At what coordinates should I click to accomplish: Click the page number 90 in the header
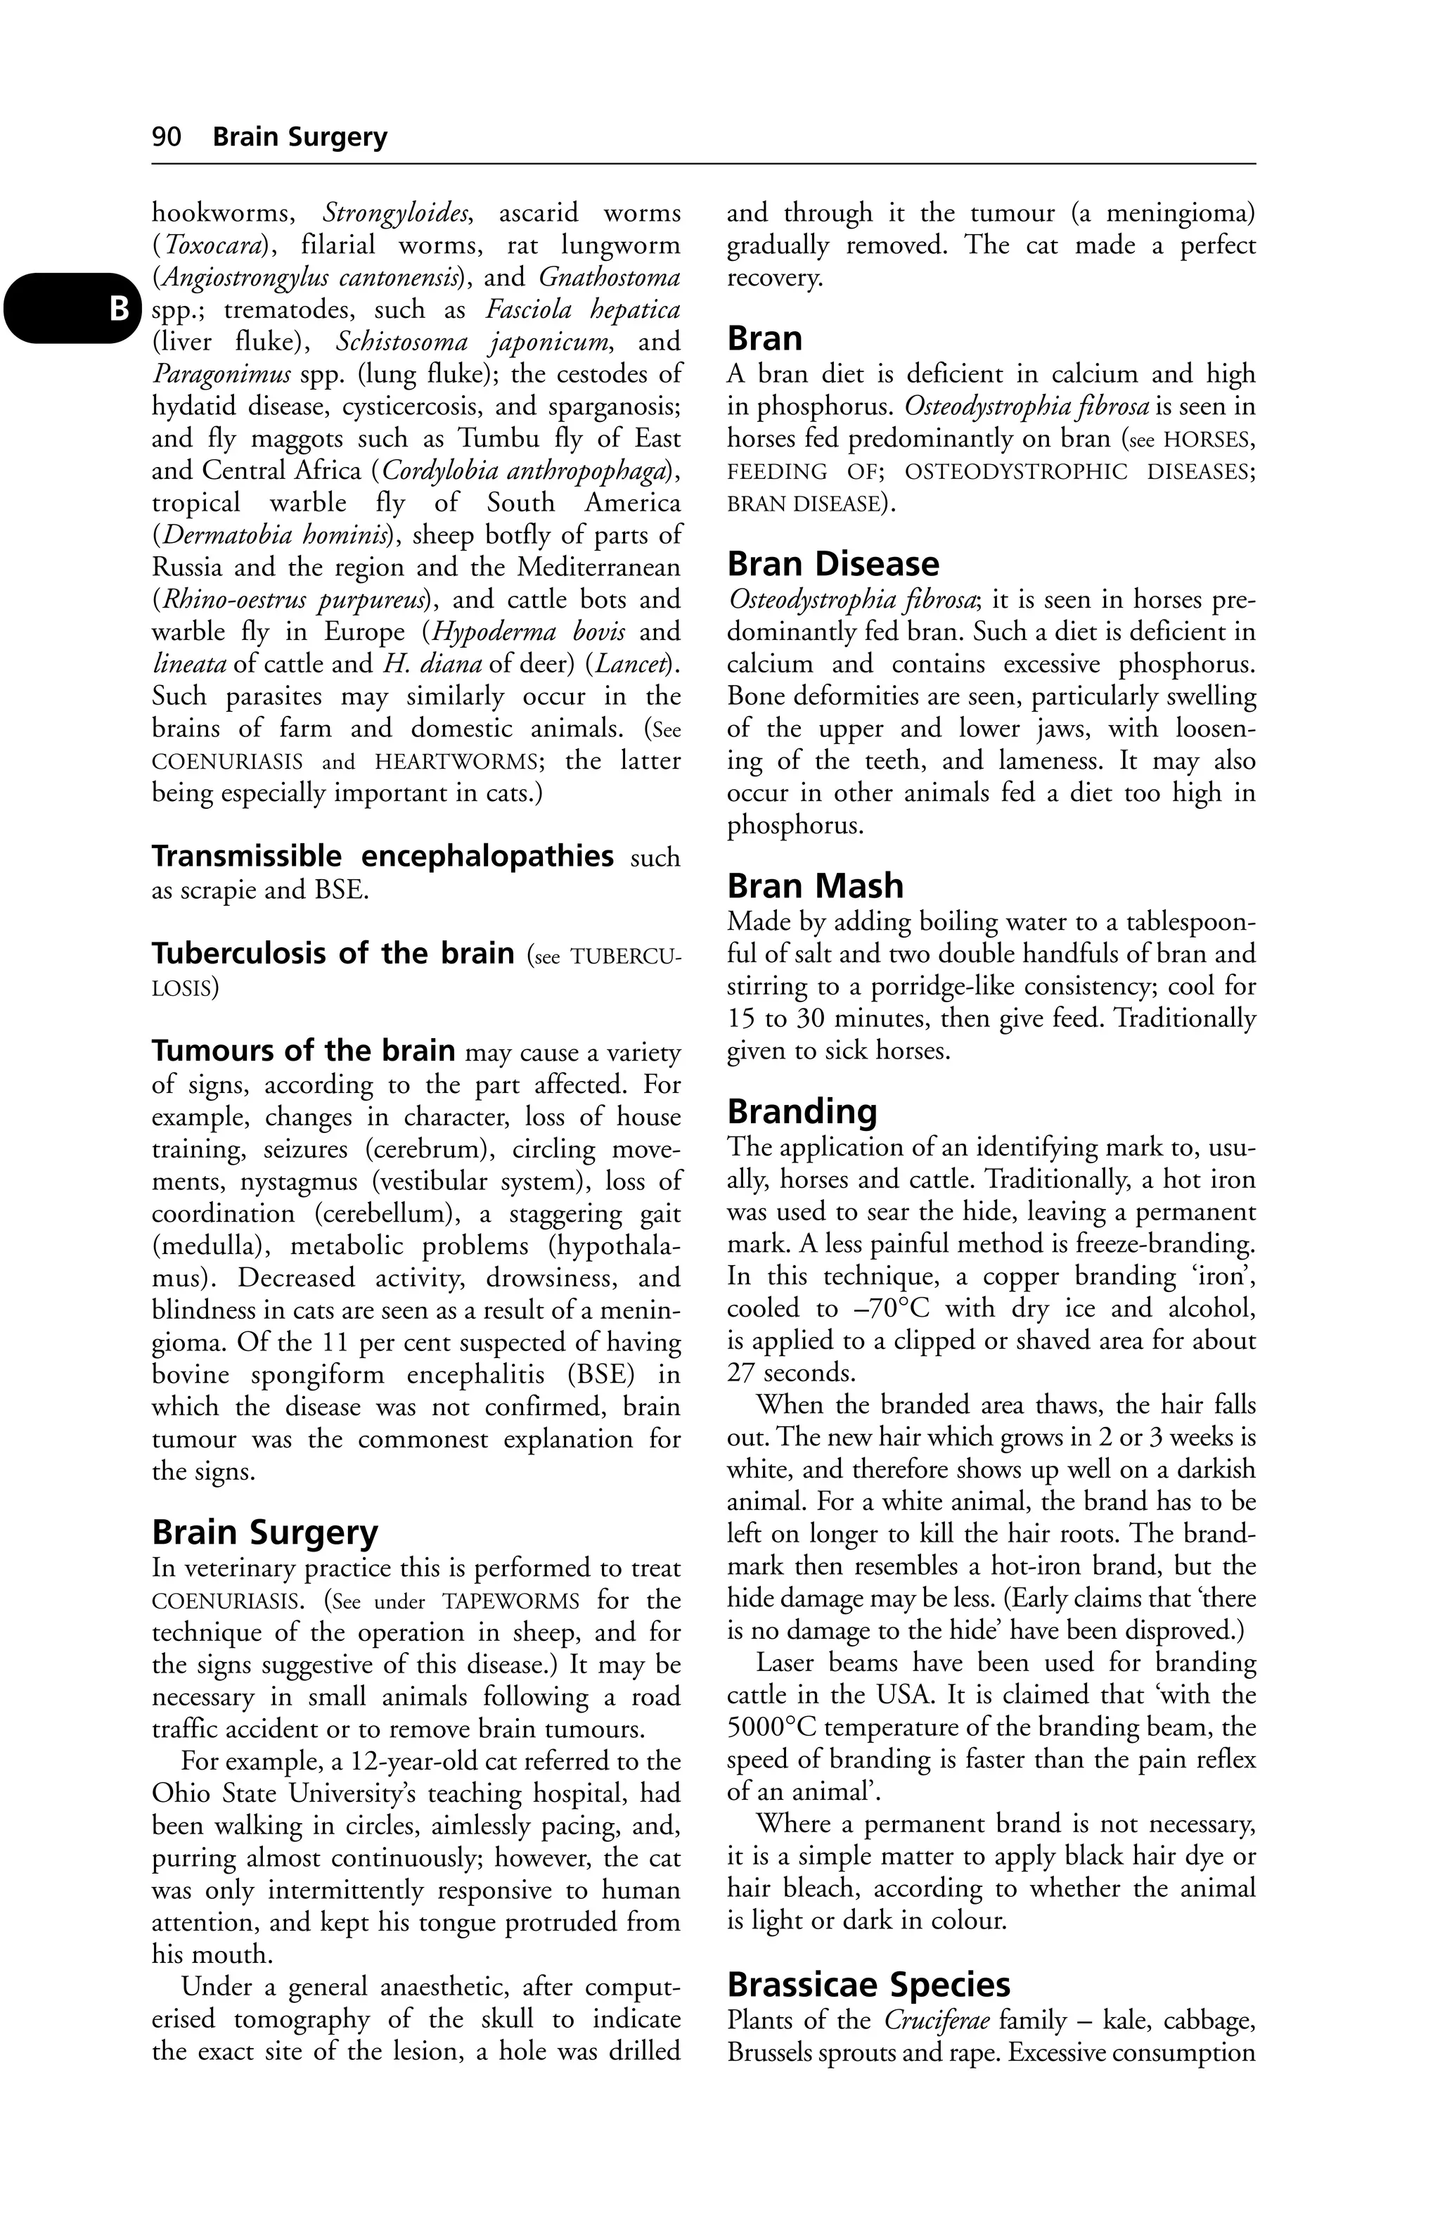[167, 137]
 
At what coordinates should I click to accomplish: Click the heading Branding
[802, 1111]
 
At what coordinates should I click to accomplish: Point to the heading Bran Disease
[833, 563]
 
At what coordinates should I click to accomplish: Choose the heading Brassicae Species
[868, 1984]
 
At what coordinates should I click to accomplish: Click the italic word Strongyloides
[397, 213]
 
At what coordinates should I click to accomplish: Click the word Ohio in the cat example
[181, 1793]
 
